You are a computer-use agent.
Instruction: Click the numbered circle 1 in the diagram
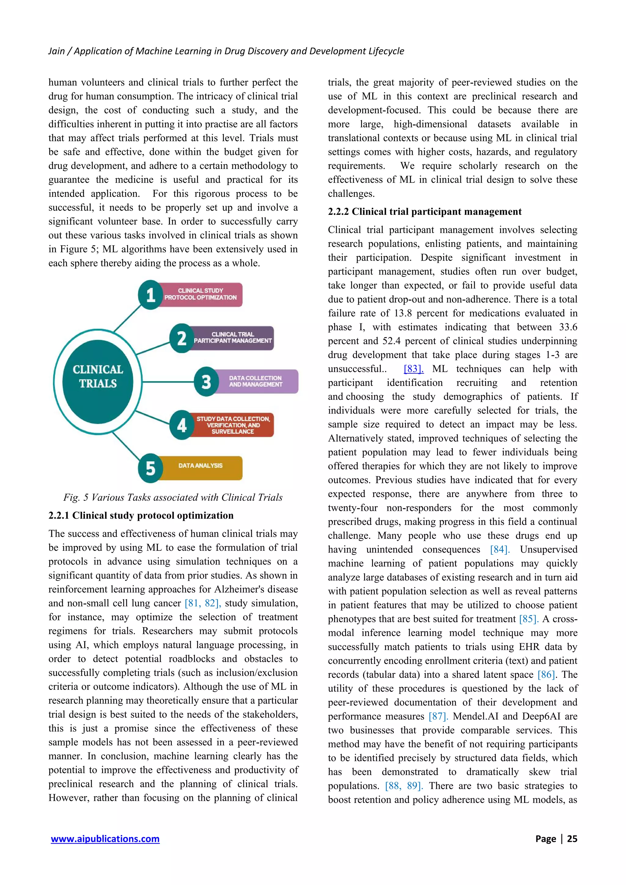coord(150,295)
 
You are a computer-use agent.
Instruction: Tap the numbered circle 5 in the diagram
coord(150,468)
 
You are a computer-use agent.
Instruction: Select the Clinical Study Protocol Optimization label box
coord(201,294)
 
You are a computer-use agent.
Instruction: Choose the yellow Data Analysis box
coord(201,468)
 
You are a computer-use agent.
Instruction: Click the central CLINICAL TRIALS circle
coord(98,382)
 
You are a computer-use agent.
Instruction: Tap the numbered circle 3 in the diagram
coord(206,382)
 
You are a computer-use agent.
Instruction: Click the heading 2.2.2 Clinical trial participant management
coord(424,212)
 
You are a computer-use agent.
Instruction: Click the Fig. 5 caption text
coord(173,497)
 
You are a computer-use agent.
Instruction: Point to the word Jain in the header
coord(56,51)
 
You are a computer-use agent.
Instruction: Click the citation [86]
coord(546,675)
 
